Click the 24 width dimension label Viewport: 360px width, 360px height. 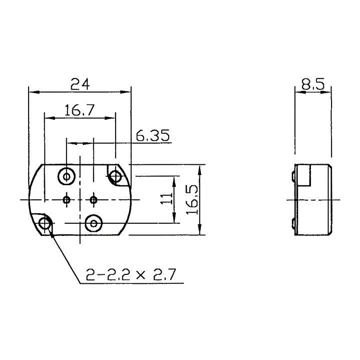tap(80, 85)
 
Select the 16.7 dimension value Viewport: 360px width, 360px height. tap(78, 110)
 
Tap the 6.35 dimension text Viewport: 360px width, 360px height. tap(153, 135)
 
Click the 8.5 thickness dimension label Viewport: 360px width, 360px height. tap(313, 84)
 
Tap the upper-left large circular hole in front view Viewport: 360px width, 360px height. tap(67, 176)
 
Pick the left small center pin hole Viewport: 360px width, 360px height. tap(67, 200)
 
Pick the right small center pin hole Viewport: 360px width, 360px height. tap(93, 200)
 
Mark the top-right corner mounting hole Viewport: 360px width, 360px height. tap(116, 176)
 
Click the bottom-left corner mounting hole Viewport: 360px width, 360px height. tap(45, 223)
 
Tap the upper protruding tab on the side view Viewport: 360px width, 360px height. tap(293, 176)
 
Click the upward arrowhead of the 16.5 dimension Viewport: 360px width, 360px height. tap(200, 168)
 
